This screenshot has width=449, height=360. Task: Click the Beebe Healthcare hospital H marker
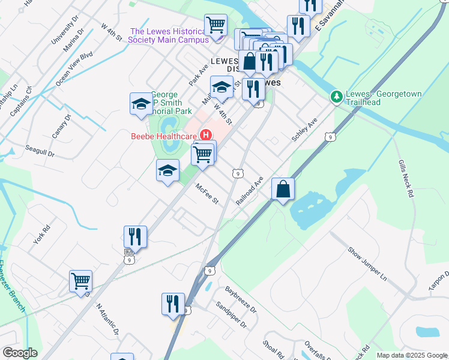pyautogui.click(x=206, y=135)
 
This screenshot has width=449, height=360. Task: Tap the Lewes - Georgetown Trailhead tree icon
pyautogui.click(x=336, y=96)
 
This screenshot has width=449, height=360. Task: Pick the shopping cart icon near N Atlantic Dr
pyautogui.click(x=80, y=281)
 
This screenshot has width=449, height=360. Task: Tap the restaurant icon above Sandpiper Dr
pyautogui.click(x=173, y=304)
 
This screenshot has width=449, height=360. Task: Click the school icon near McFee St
pyautogui.click(x=167, y=170)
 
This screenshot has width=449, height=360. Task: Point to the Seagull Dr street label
pyautogui.click(x=40, y=151)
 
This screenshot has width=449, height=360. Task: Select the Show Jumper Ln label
pyautogui.click(x=369, y=259)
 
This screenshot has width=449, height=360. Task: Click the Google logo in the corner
pyautogui.click(x=19, y=353)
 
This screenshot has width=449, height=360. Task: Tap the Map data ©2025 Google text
pyautogui.click(x=412, y=355)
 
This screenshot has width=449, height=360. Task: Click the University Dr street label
pyautogui.click(x=65, y=29)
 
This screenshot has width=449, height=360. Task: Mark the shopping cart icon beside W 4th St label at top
pyautogui.click(x=215, y=25)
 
